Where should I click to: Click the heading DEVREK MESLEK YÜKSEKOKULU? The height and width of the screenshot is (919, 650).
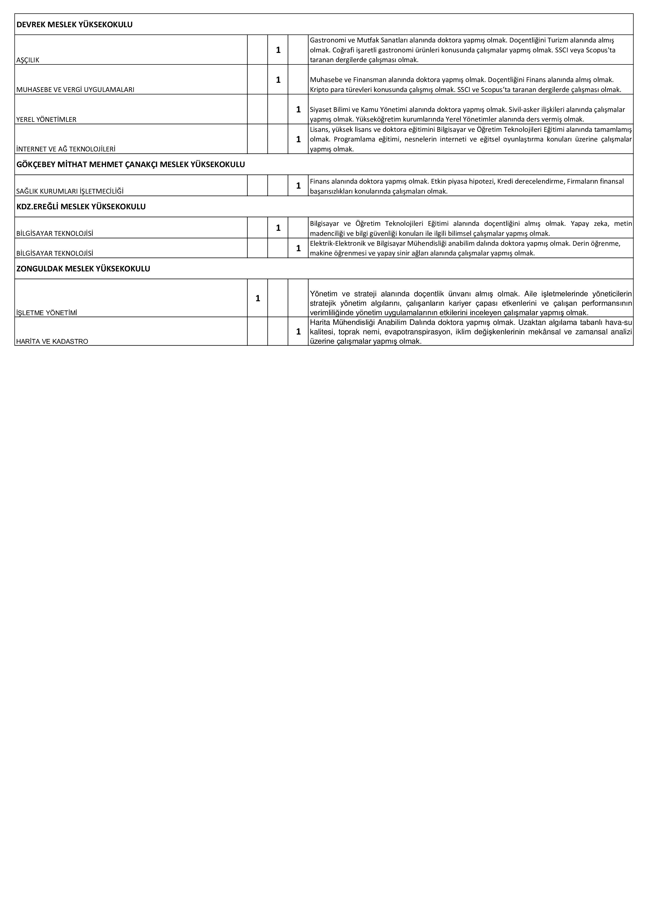pyautogui.click(x=74, y=24)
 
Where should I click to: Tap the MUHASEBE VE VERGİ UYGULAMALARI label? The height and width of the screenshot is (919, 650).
pyautogui.click(x=75, y=90)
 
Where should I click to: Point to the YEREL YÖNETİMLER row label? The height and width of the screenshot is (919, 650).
pyautogui.click(x=46, y=119)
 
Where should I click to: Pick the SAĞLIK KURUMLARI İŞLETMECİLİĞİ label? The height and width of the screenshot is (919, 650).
pyautogui.click(x=70, y=191)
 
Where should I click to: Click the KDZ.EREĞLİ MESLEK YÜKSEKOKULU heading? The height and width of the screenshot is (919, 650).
pyautogui.click(x=81, y=206)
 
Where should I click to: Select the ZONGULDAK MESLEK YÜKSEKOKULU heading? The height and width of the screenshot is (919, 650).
pyautogui.click(x=83, y=269)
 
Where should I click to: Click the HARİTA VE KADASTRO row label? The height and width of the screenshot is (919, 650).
pyautogui.click(x=52, y=341)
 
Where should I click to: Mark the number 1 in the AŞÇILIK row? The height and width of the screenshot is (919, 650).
pyautogui.click(x=278, y=50)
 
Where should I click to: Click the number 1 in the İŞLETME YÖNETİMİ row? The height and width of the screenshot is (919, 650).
pyautogui.click(x=258, y=298)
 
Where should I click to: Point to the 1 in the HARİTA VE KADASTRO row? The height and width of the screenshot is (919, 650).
pyautogui.click(x=298, y=331)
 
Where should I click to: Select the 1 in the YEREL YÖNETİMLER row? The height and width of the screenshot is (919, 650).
pyautogui.click(x=298, y=109)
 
